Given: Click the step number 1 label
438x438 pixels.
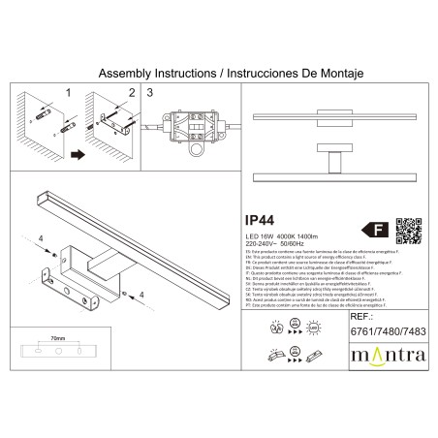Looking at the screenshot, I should (67, 93).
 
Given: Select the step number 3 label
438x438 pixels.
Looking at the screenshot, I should (150, 93).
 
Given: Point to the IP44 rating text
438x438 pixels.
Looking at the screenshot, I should (253, 220).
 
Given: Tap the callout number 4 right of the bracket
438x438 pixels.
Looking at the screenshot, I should (141, 293).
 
